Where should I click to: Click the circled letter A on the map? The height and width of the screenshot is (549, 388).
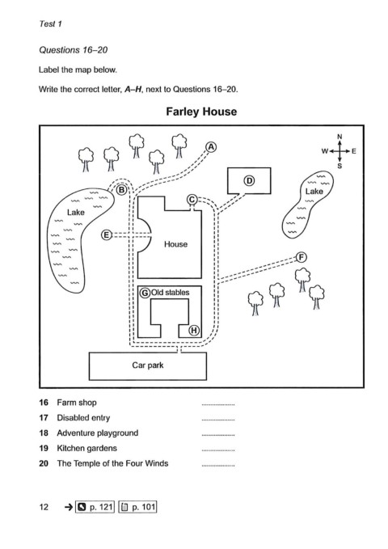[211, 147]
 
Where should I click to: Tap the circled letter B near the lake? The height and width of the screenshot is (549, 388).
[121, 190]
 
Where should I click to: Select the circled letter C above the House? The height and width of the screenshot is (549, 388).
[192, 200]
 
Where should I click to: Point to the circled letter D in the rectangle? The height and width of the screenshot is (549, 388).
[249, 180]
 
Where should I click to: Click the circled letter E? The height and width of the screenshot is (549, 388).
[107, 235]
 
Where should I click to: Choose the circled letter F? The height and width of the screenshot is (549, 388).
[302, 257]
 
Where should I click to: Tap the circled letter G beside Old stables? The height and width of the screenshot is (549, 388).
[145, 293]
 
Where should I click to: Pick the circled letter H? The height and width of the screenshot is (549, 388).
[194, 330]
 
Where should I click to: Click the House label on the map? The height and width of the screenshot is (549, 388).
[175, 244]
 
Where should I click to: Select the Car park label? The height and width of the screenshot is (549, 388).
[148, 365]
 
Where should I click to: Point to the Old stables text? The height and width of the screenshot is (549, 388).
[171, 293]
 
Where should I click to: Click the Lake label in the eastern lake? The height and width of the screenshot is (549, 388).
[314, 191]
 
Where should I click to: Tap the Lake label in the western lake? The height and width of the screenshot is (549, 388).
[76, 212]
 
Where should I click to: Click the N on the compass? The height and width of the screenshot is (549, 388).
[339, 137]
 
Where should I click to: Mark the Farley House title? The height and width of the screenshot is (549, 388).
[201, 112]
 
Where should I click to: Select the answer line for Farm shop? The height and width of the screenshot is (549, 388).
[218, 405]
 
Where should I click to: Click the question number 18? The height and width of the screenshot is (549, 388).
[44, 433]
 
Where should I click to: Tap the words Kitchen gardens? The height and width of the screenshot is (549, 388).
[86, 448]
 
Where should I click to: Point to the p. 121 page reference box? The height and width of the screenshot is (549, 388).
[95, 507]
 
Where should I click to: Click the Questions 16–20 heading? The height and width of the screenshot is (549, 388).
[74, 49]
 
